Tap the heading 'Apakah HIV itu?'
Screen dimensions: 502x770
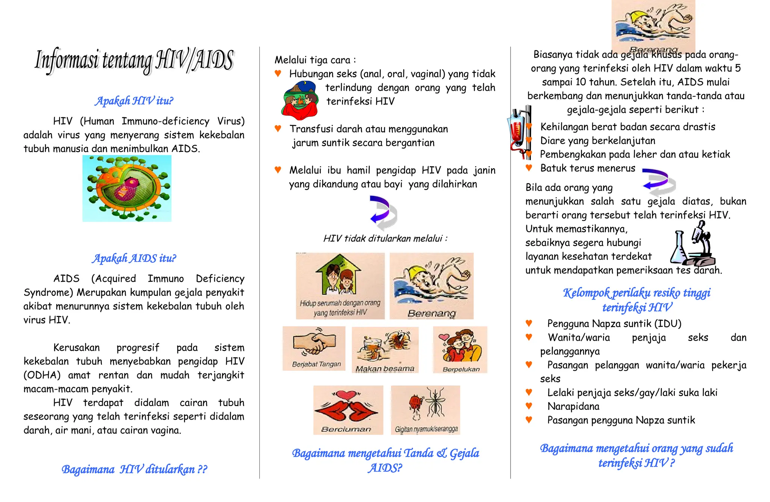click(x=134, y=101)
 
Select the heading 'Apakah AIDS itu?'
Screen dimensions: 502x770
click(x=134, y=258)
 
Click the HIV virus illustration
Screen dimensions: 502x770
click(x=127, y=188)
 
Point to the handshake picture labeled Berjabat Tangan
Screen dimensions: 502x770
click(x=314, y=349)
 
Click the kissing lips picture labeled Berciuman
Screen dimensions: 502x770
click(x=348, y=410)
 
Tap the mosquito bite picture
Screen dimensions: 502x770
click(x=426, y=410)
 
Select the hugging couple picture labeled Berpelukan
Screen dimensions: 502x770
click(x=460, y=350)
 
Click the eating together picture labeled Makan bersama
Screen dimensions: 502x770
click(x=385, y=350)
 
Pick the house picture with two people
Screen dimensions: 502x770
click(x=340, y=286)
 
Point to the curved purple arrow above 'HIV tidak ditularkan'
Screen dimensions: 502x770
click(x=383, y=212)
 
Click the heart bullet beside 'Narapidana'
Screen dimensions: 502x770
click(x=529, y=406)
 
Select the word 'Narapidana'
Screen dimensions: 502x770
click(x=573, y=406)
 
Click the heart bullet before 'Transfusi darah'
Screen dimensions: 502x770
click(x=278, y=129)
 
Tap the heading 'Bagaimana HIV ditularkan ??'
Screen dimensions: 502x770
click(x=134, y=469)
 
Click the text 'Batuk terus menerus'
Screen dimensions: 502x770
click(x=588, y=168)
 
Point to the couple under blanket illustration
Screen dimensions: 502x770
click(x=300, y=101)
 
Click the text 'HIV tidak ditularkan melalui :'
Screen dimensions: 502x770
click(x=385, y=238)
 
